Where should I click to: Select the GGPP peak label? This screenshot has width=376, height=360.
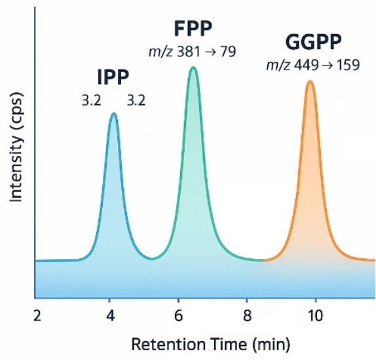(x=313, y=43)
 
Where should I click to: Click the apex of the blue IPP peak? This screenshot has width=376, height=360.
(x=114, y=114)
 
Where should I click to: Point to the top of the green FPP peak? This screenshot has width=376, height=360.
(x=193, y=68)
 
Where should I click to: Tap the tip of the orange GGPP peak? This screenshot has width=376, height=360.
(x=309, y=82)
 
